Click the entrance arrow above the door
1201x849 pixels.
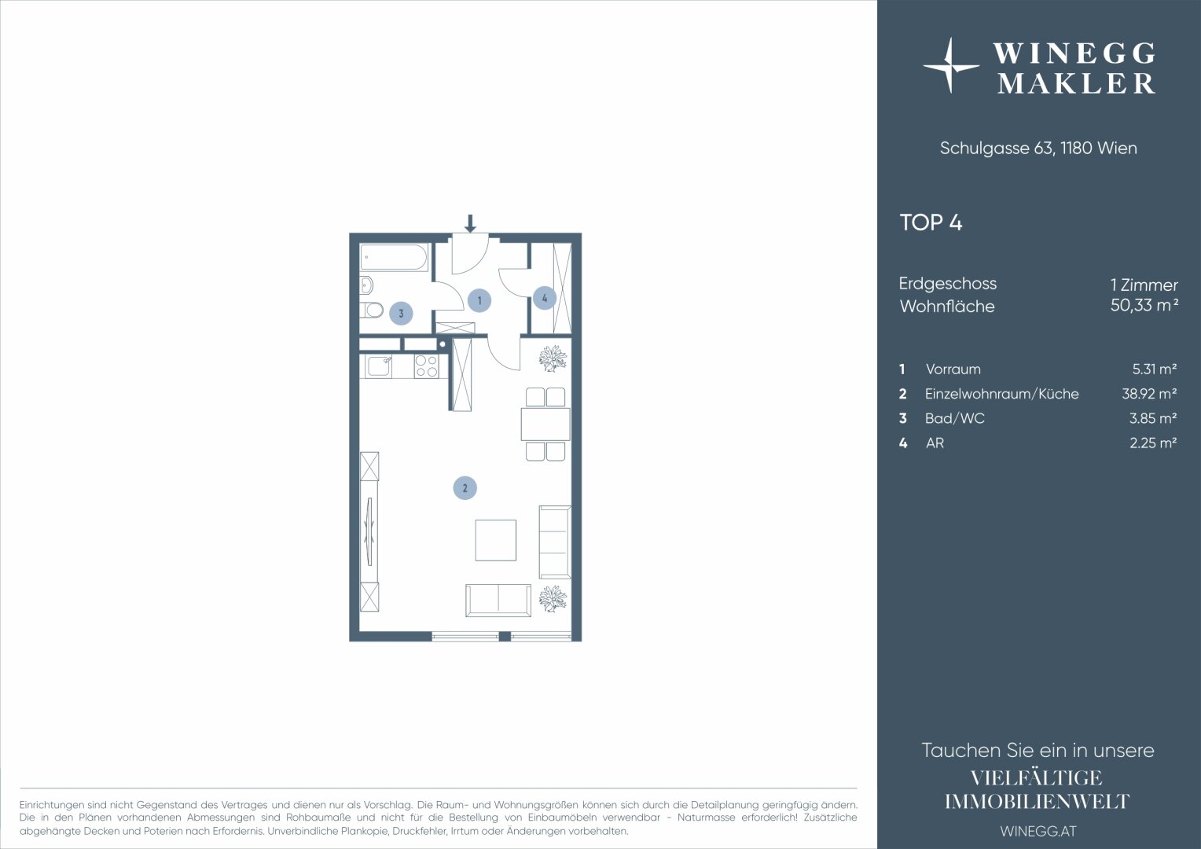tap(470, 223)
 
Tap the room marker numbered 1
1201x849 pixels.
tap(479, 300)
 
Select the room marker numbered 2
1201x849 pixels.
tap(465, 488)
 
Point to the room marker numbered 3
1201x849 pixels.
tap(401, 313)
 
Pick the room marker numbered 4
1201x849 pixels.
tap(544, 298)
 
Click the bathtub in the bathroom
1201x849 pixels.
tap(394, 257)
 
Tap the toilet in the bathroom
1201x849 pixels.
tap(372, 310)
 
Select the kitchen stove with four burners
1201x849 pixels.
tap(426, 366)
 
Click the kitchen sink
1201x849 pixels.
tap(379, 366)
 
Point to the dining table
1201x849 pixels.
tap(545, 424)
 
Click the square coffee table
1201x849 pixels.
tap(495, 540)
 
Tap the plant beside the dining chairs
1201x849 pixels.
tap(553, 358)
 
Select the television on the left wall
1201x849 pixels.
tap(369, 531)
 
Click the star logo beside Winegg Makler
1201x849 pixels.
tap(950, 66)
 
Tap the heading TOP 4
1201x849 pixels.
tap(931, 222)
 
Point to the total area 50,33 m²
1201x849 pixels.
tap(1144, 305)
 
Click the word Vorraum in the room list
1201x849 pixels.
tap(953, 369)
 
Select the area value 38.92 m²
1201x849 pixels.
tap(1149, 394)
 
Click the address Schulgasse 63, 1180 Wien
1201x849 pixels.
tap(1038, 148)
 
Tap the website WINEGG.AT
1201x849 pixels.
tap(1038, 831)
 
